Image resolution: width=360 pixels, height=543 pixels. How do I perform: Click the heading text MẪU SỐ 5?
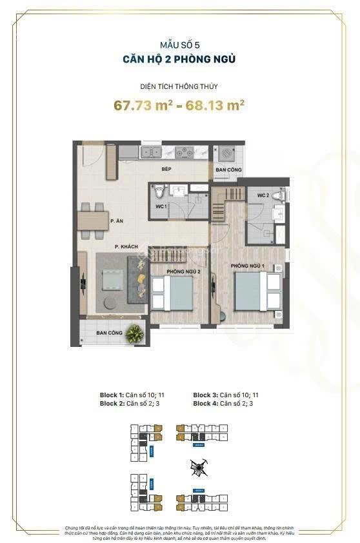(179, 45)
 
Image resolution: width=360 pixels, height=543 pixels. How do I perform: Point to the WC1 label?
(161, 206)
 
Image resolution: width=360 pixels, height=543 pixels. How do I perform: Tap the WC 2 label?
(263, 195)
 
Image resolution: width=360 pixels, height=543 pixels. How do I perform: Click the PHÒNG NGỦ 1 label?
(247, 266)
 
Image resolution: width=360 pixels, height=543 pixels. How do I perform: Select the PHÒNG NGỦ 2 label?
(183, 271)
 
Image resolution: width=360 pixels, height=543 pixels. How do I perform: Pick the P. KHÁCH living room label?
(126, 246)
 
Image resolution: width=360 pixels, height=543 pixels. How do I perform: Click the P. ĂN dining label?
(117, 222)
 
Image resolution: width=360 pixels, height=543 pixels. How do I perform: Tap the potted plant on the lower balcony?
(135, 333)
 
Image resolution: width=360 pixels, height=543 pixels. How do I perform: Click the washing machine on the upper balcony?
(226, 155)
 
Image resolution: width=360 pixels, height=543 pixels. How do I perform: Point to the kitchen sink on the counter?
(152, 153)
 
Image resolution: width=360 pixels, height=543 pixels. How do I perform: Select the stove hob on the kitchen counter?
(184, 153)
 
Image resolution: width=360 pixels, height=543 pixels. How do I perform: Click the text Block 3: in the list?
(205, 395)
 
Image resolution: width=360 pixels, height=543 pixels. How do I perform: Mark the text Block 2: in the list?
(112, 404)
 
